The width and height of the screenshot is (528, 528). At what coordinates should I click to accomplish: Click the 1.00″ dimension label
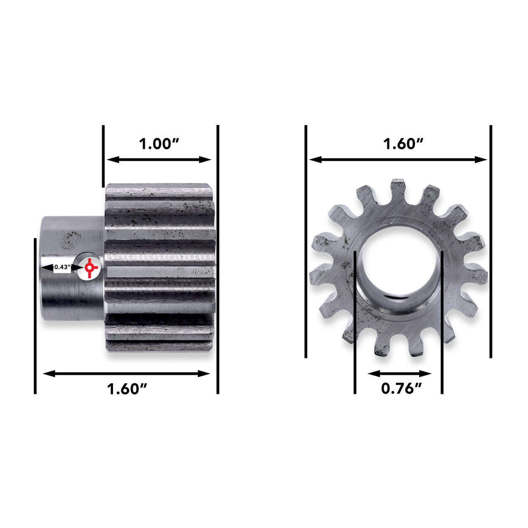pos(158,144)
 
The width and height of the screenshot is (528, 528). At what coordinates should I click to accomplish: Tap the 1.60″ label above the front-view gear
pos(403,144)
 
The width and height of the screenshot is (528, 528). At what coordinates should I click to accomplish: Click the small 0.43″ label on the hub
pos(62,267)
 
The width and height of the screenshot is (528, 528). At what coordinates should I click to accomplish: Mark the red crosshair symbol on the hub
pos(89,268)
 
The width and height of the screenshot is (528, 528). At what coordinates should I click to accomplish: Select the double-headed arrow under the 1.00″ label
pos(159,160)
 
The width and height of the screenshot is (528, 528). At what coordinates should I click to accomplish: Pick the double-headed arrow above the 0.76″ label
pos(399,374)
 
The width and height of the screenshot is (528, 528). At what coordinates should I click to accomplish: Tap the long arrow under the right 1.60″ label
pos(398,160)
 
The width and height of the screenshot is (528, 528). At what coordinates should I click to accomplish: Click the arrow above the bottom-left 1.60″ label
pos(127,374)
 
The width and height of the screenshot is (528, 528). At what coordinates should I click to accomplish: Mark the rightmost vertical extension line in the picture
pos(490,241)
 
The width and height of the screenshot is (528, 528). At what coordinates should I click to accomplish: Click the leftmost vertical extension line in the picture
pos(35,316)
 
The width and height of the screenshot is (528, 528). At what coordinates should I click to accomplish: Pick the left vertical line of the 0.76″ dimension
pos(355,322)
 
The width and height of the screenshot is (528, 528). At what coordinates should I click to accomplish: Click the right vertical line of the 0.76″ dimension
pos(442,322)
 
